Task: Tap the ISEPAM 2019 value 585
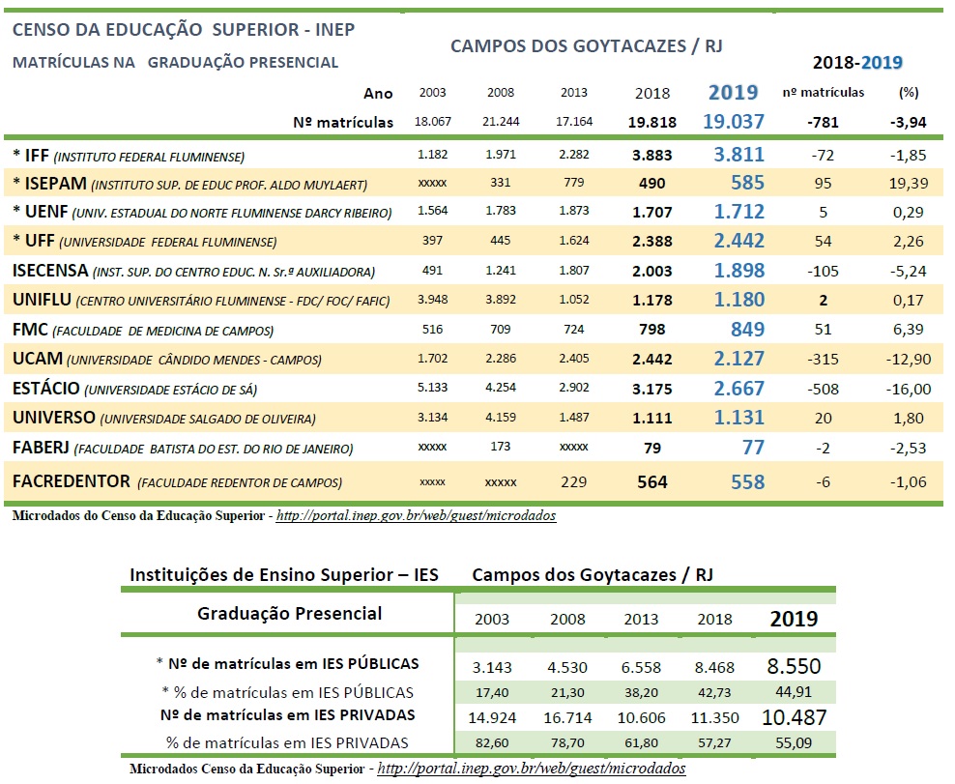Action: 747,183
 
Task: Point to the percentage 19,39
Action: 908,183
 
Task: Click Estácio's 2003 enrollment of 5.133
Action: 432,390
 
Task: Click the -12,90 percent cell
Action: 908,360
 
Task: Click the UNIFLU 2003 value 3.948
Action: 432,301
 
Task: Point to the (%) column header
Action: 908,93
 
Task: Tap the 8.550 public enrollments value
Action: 793,665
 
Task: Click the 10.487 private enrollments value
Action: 793,716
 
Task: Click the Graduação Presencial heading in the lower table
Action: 289,613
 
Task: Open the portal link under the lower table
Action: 531,769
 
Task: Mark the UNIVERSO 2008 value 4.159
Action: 501,419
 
